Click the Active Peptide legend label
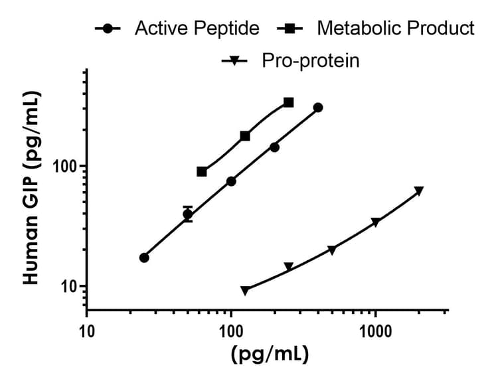click(197, 29)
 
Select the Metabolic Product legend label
click(396, 29)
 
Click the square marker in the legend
click(290, 29)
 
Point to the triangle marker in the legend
click(234, 62)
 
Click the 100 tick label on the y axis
click(66, 166)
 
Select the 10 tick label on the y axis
click(70, 287)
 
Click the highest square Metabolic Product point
click(288, 102)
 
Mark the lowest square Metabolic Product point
click(202, 171)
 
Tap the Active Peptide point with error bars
click(188, 214)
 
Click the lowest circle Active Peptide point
click(144, 258)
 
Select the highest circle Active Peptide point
click(318, 108)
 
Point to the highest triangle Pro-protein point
click(419, 191)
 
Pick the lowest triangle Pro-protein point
click(245, 291)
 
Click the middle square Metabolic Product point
click(245, 135)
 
